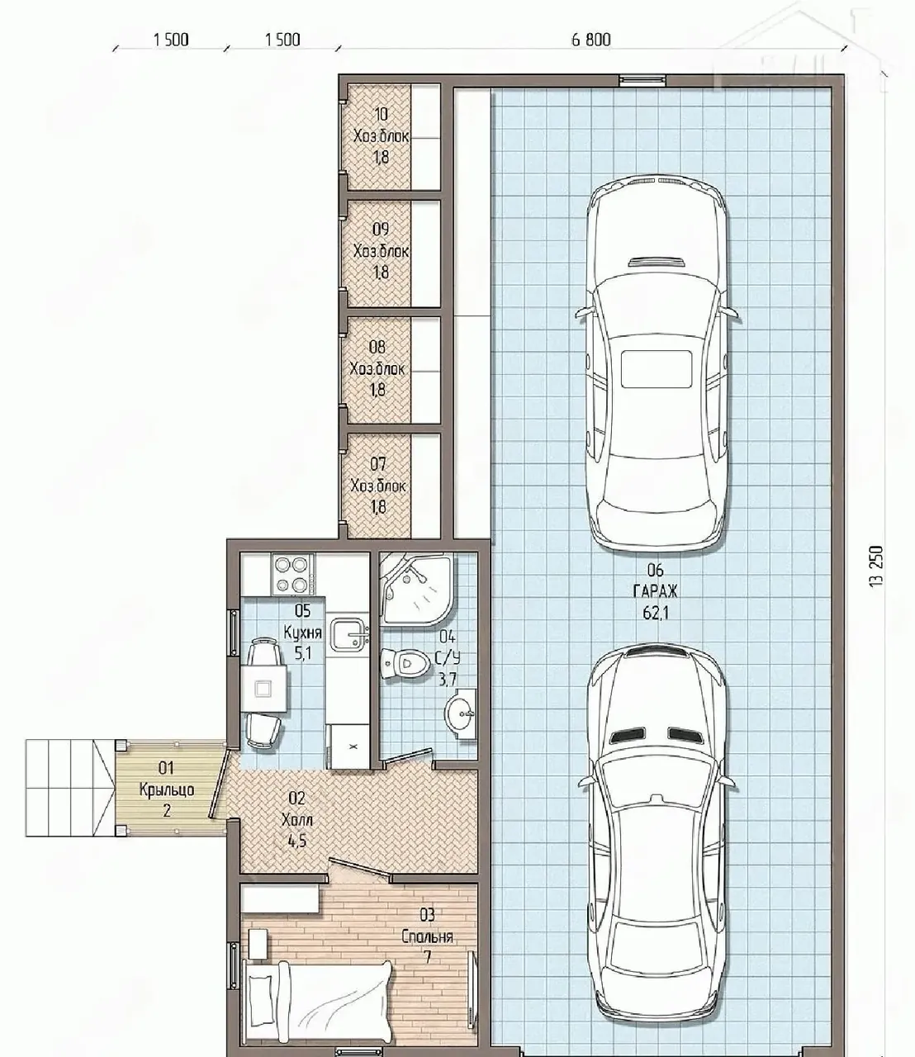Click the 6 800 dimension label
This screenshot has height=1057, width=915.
(x=590, y=40)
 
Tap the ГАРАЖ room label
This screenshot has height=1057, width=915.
(x=655, y=591)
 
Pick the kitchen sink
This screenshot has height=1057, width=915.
(x=349, y=635)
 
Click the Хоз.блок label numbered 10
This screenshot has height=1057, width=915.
(x=381, y=136)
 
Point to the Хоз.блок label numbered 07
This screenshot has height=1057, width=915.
(x=378, y=486)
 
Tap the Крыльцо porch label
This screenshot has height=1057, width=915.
(x=167, y=789)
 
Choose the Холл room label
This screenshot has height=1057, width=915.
(x=297, y=821)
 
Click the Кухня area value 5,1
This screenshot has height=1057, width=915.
(x=302, y=653)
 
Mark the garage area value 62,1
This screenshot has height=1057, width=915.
(x=655, y=613)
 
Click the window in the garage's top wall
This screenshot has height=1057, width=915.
(x=642, y=80)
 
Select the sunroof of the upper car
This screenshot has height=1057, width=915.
(x=657, y=368)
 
